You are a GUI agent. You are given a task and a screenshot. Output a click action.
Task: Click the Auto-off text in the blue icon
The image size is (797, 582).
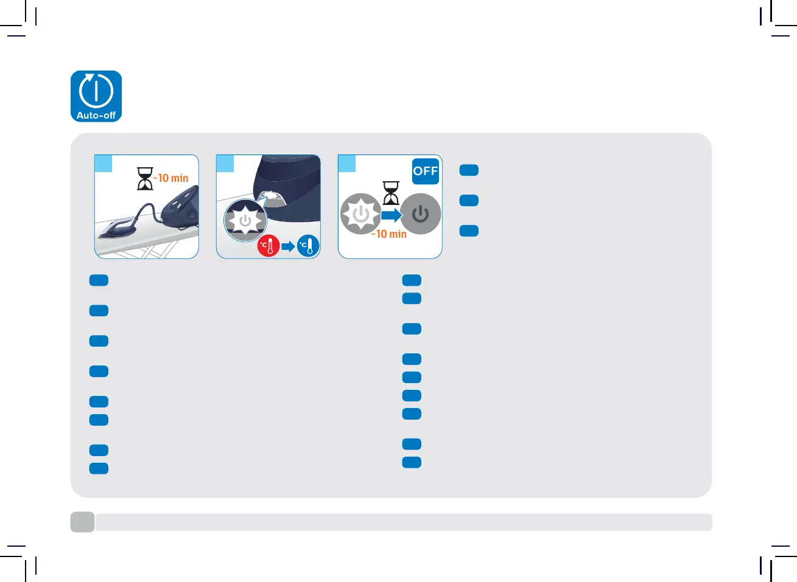[96, 115]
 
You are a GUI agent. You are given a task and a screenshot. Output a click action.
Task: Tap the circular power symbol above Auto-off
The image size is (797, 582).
[96, 91]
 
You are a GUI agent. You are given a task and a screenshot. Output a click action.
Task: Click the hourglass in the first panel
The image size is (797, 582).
[145, 179]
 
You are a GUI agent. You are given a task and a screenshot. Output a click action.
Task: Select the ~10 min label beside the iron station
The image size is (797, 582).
[172, 178]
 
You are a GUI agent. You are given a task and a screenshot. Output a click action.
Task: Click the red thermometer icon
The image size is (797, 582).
[268, 246]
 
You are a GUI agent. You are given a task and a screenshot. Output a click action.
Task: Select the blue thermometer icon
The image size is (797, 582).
[308, 246]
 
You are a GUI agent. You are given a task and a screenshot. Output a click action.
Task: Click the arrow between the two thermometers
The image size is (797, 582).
[288, 246]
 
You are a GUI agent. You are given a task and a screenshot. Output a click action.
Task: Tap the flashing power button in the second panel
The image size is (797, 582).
[245, 220]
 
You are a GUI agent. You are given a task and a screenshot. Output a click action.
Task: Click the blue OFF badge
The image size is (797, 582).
[426, 171]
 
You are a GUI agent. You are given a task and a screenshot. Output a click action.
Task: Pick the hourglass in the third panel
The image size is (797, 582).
[391, 192]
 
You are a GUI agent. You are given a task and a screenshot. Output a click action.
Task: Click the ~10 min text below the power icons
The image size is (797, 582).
[389, 234]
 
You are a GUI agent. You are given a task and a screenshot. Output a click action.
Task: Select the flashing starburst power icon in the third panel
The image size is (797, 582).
[360, 214]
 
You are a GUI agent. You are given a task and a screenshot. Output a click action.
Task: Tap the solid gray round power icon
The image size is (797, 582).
[420, 214]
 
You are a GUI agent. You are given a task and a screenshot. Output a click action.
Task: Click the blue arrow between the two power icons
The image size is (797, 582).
[391, 215]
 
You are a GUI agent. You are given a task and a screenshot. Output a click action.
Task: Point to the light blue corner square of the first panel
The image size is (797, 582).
[104, 164]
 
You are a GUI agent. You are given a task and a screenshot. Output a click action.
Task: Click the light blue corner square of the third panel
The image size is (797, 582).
[347, 164]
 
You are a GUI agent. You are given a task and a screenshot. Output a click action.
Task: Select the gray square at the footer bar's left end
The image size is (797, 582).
[82, 522]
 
